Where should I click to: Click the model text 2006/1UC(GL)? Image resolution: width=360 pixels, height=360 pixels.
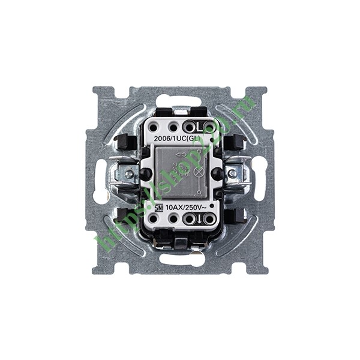coord(178,138)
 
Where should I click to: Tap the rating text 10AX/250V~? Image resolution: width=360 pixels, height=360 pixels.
coord(185,208)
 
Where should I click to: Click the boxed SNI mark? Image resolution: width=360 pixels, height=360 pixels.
coord(158,208)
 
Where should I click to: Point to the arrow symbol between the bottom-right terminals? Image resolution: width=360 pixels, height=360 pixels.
coord(199,220)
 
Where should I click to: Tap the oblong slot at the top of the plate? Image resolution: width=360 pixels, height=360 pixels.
coord(180,100)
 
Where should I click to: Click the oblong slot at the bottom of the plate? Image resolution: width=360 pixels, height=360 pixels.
coord(180,260)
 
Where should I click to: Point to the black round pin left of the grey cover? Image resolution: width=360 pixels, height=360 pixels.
coord(146,174)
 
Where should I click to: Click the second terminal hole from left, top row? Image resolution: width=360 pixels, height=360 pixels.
coord(173,127)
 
